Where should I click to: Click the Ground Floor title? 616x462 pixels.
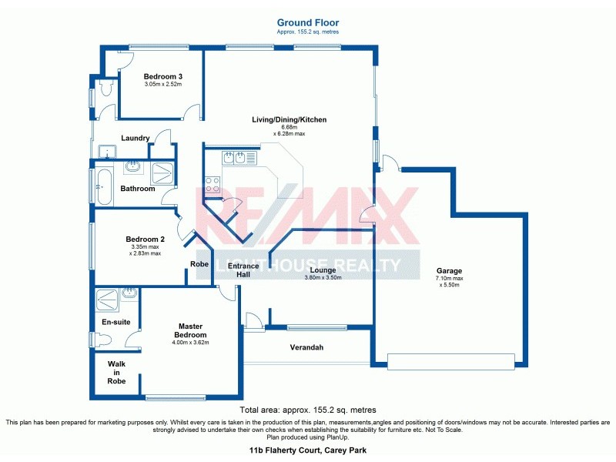[x=307, y=23]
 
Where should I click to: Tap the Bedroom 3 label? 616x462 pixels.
[x=163, y=76]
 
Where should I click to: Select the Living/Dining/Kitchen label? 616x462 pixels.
[x=290, y=120]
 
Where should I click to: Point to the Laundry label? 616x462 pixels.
[x=135, y=139]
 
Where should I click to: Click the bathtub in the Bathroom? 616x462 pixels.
[x=102, y=186]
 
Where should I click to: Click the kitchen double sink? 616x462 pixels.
[x=234, y=159]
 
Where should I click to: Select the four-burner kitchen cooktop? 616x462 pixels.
[x=212, y=185]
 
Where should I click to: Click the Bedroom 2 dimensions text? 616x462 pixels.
[x=145, y=249]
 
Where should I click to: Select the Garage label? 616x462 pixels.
[x=449, y=271]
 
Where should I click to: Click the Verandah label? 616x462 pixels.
[x=306, y=348]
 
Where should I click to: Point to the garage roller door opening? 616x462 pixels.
[x=450, y=362]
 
